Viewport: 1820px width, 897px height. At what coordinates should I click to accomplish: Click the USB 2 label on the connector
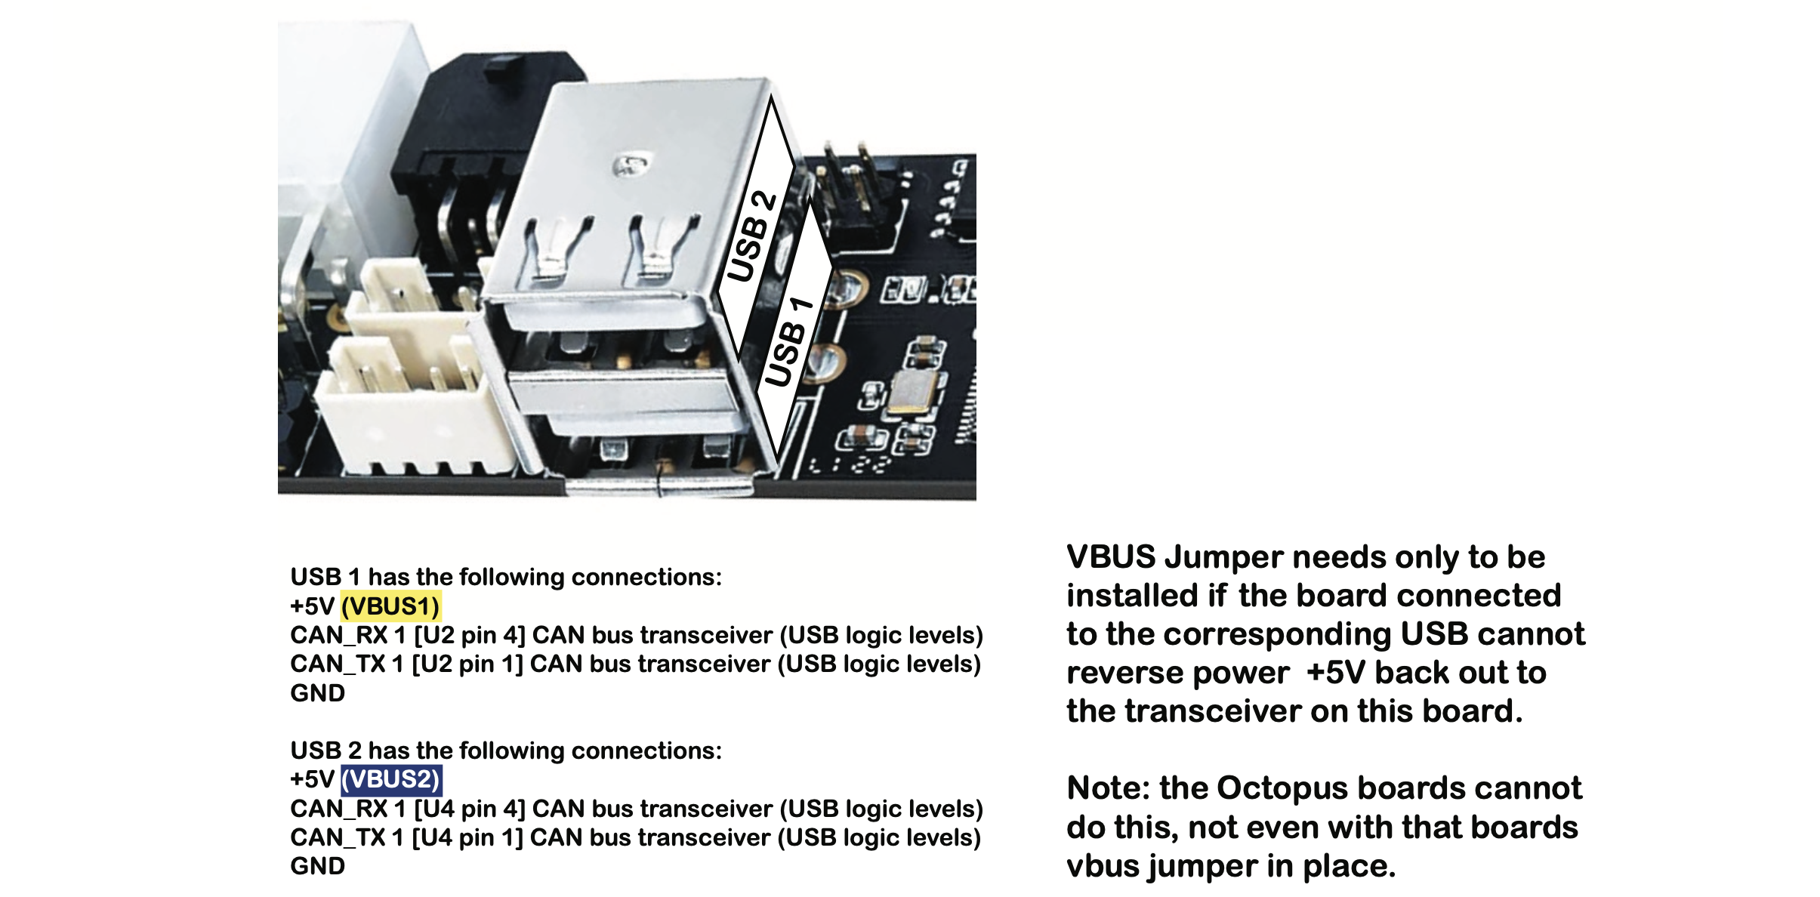(751, 236)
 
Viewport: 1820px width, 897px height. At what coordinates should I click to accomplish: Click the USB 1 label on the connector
(789, 341)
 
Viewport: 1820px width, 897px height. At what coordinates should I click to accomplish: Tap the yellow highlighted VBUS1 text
(390, 606)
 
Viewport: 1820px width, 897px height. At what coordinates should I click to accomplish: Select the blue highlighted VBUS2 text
(390, 779)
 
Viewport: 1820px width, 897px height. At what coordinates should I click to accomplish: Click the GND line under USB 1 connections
(317, 693)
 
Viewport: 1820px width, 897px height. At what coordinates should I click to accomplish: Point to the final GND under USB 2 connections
(317, 866)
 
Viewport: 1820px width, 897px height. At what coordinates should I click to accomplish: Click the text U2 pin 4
(469, 636)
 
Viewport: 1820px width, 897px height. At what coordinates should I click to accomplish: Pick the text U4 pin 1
(467, 837)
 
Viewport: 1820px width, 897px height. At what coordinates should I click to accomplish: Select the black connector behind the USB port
(468, 151)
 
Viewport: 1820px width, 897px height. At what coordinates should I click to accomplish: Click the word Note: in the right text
(1108, 788)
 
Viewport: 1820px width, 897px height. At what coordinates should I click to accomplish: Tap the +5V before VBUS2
(312, 779)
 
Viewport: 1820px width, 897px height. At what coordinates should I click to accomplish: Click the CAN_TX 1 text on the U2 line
(347, 664)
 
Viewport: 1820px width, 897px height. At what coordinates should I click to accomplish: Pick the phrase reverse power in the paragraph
(1177, 673)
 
